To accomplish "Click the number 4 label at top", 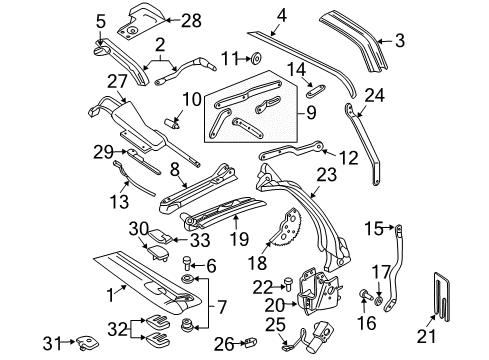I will [x=282, y=14].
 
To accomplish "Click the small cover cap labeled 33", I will [x=158, y=238].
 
